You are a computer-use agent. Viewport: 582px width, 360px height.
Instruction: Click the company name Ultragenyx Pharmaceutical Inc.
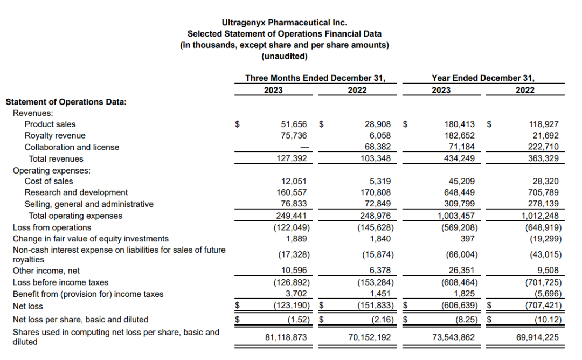[x=284, y=23]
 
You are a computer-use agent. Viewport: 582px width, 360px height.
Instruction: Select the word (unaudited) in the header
[x=284, y=56]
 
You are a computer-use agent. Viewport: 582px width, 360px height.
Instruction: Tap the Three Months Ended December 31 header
[x=315, y=78]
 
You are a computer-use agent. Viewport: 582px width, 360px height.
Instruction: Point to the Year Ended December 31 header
[x=483, y=78]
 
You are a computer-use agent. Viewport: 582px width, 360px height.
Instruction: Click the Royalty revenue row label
[x=55, y=136]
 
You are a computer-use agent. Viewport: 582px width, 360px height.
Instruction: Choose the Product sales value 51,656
[x=294, y=124]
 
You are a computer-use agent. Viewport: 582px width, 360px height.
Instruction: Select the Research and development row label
[x=76, y=192]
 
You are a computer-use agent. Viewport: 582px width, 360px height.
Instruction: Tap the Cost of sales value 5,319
[x=379, y=182]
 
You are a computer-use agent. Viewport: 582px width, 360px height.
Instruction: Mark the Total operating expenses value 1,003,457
[x=456, y=216]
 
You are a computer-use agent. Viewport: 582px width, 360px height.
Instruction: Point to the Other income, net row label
[x=46, y=271]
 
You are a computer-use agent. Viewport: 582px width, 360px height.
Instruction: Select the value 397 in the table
[x=468, y=238]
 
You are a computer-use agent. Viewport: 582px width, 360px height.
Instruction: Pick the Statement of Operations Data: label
[x=66, y=101]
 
